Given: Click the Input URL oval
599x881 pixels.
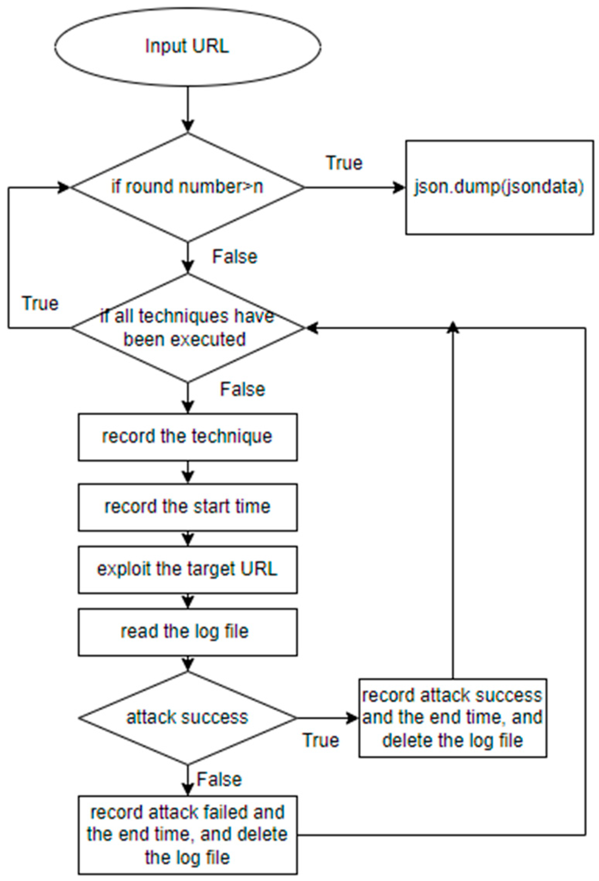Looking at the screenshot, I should (x=187, y=47).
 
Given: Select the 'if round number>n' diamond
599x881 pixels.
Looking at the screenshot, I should (x=187, y=188).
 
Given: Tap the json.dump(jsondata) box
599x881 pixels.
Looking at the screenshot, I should (x=499, y=187).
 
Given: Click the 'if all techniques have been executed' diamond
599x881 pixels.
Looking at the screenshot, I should (x=187, y=328).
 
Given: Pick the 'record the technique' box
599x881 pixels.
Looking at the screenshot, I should (x=187, y=437).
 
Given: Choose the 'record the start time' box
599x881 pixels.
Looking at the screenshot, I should (x=187, y=507).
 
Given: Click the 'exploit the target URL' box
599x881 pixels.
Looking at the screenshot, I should (x=187, y=569).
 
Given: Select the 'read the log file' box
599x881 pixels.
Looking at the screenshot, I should (x=187, y=632).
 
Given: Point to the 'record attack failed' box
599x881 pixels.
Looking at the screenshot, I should (x=187, y=835).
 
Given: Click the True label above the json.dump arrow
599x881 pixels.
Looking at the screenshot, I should (x=344, y=163).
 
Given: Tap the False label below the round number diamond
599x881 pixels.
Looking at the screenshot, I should (x=235, y=257).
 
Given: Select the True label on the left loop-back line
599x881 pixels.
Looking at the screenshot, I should (x=40, y=304).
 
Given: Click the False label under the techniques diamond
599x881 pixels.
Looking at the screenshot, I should (x=242, y=390).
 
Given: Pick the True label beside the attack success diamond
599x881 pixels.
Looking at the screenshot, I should (x=321, y=740).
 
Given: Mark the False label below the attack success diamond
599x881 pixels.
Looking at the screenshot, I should (x=219, y=780).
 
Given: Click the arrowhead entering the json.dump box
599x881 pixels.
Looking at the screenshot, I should (x=400, y=188).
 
